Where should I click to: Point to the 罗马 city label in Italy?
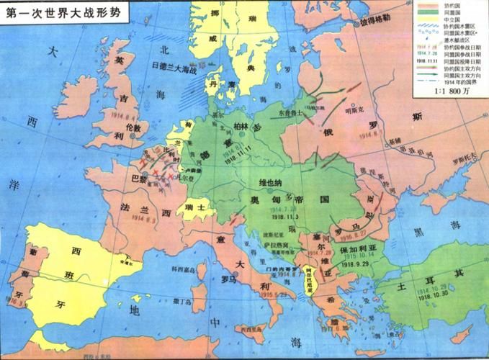click(x=229, y=279)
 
